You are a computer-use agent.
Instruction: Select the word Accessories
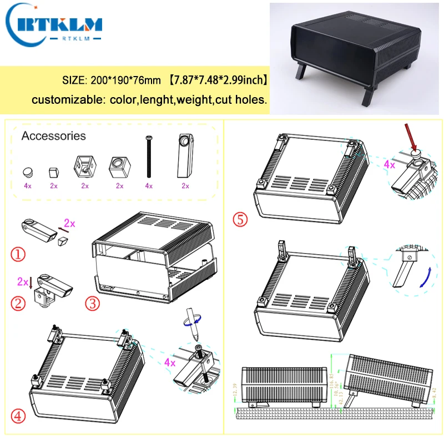[x=54, y=136]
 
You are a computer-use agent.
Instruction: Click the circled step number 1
[x=18, y=255]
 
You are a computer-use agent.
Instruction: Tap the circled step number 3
[x=91, y=303]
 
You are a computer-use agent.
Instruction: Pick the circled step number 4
[x=18, y=416]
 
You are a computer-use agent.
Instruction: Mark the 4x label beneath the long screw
[x=148, y=186]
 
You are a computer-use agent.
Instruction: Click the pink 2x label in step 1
[x=69, y=223]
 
